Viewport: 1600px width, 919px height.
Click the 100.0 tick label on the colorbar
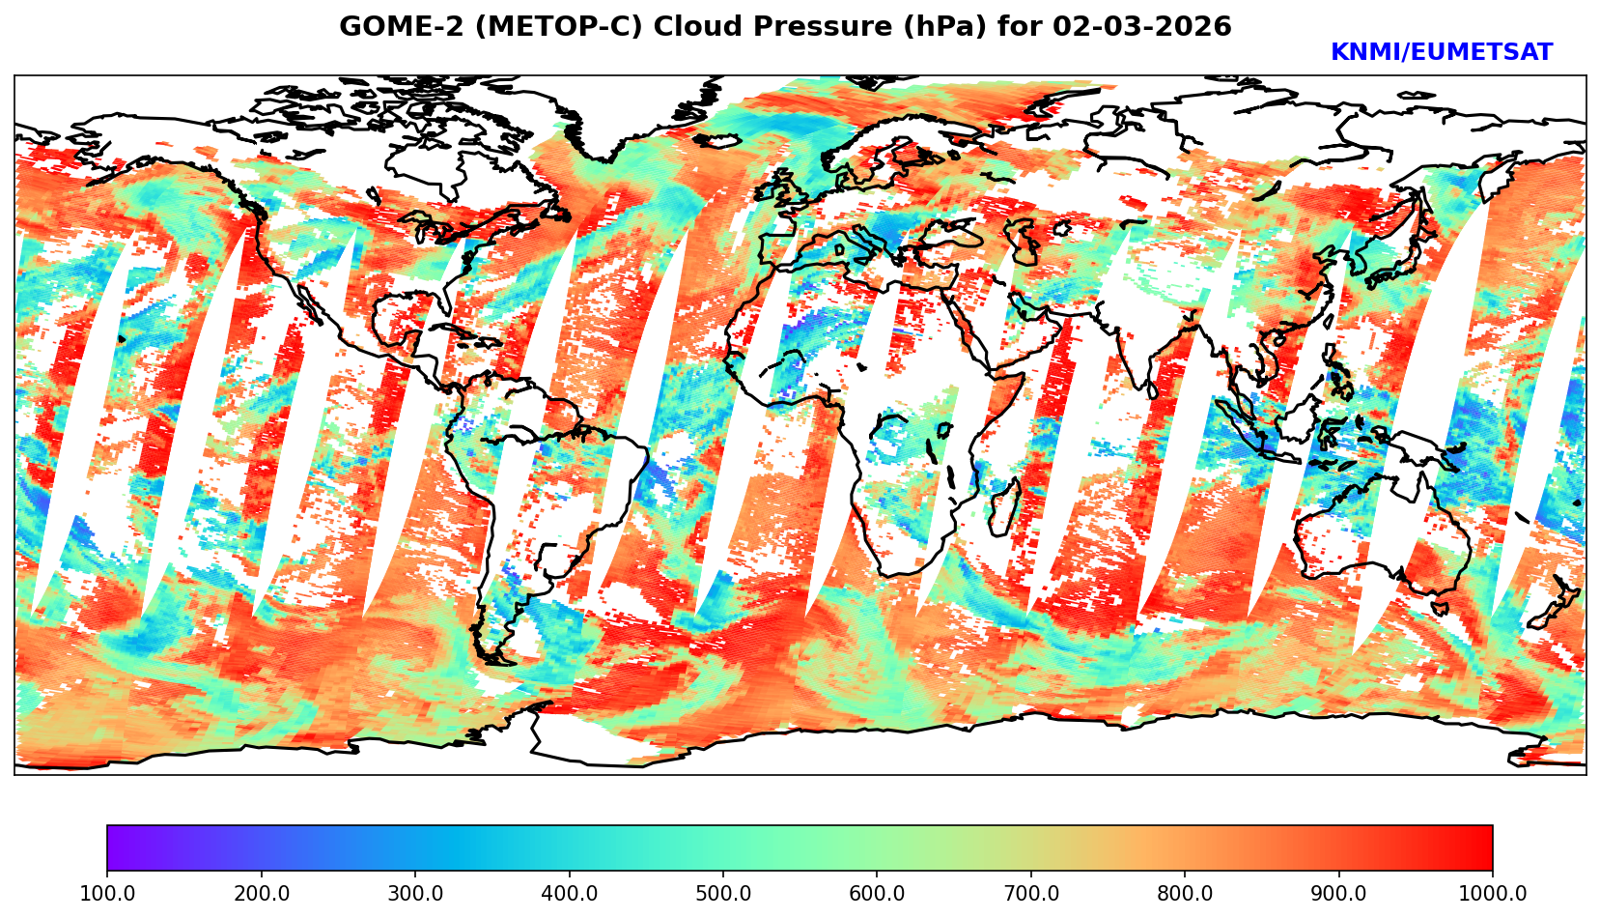(x=107, y=893)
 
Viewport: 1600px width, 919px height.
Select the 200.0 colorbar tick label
(x=261, y=893)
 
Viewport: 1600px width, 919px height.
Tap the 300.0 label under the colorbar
(x=415, y=893)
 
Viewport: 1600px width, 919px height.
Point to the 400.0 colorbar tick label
(x=569, y=893)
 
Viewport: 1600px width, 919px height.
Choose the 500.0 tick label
(x=723, y=893)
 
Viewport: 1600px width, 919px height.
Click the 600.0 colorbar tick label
(x=877, y=893)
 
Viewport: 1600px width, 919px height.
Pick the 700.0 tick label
(x=1031, y=893)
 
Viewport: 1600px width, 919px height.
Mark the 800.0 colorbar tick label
(x=1185, y=893)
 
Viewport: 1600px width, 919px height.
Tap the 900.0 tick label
(x=1339, y=893)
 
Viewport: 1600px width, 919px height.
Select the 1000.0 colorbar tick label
(x=1493, y=893)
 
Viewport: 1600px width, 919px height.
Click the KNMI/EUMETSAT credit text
(x=1441, y=53)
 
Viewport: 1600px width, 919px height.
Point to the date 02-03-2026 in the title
(x=1142, y=27)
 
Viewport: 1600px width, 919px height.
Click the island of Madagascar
(x=1004, y=507)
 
